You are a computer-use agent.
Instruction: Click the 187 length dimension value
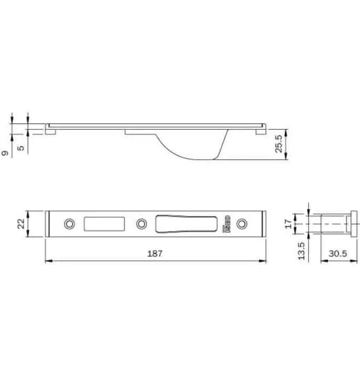155,253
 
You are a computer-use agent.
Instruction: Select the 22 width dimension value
20,223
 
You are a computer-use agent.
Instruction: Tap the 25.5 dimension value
279,145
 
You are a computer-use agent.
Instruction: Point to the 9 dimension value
5,153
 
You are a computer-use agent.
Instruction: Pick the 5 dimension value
20,148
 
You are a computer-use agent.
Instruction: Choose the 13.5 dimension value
301,251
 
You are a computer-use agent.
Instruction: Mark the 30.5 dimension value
336,253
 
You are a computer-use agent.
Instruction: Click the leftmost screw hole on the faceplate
69,224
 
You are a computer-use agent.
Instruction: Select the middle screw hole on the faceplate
140,224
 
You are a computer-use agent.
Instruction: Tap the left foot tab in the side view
51,131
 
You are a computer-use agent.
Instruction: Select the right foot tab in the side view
260,131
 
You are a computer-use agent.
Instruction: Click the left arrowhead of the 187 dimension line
48,261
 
